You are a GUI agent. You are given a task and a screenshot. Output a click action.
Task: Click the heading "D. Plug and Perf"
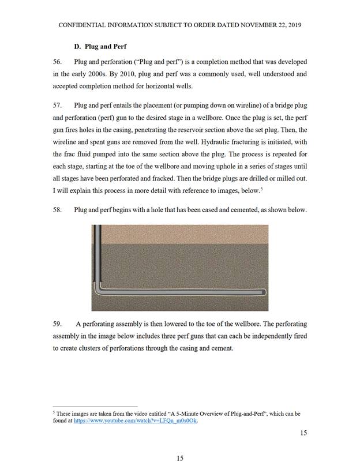click(x=100, y=46)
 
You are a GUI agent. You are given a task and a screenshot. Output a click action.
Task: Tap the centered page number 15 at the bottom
click(x=179, y=458)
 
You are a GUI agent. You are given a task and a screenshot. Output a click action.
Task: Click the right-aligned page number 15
click(x=303, y=433)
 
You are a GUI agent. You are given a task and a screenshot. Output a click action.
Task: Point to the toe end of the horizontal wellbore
click(x=264, y=292)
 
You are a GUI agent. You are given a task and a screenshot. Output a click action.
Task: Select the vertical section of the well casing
click(x=97, y=254)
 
